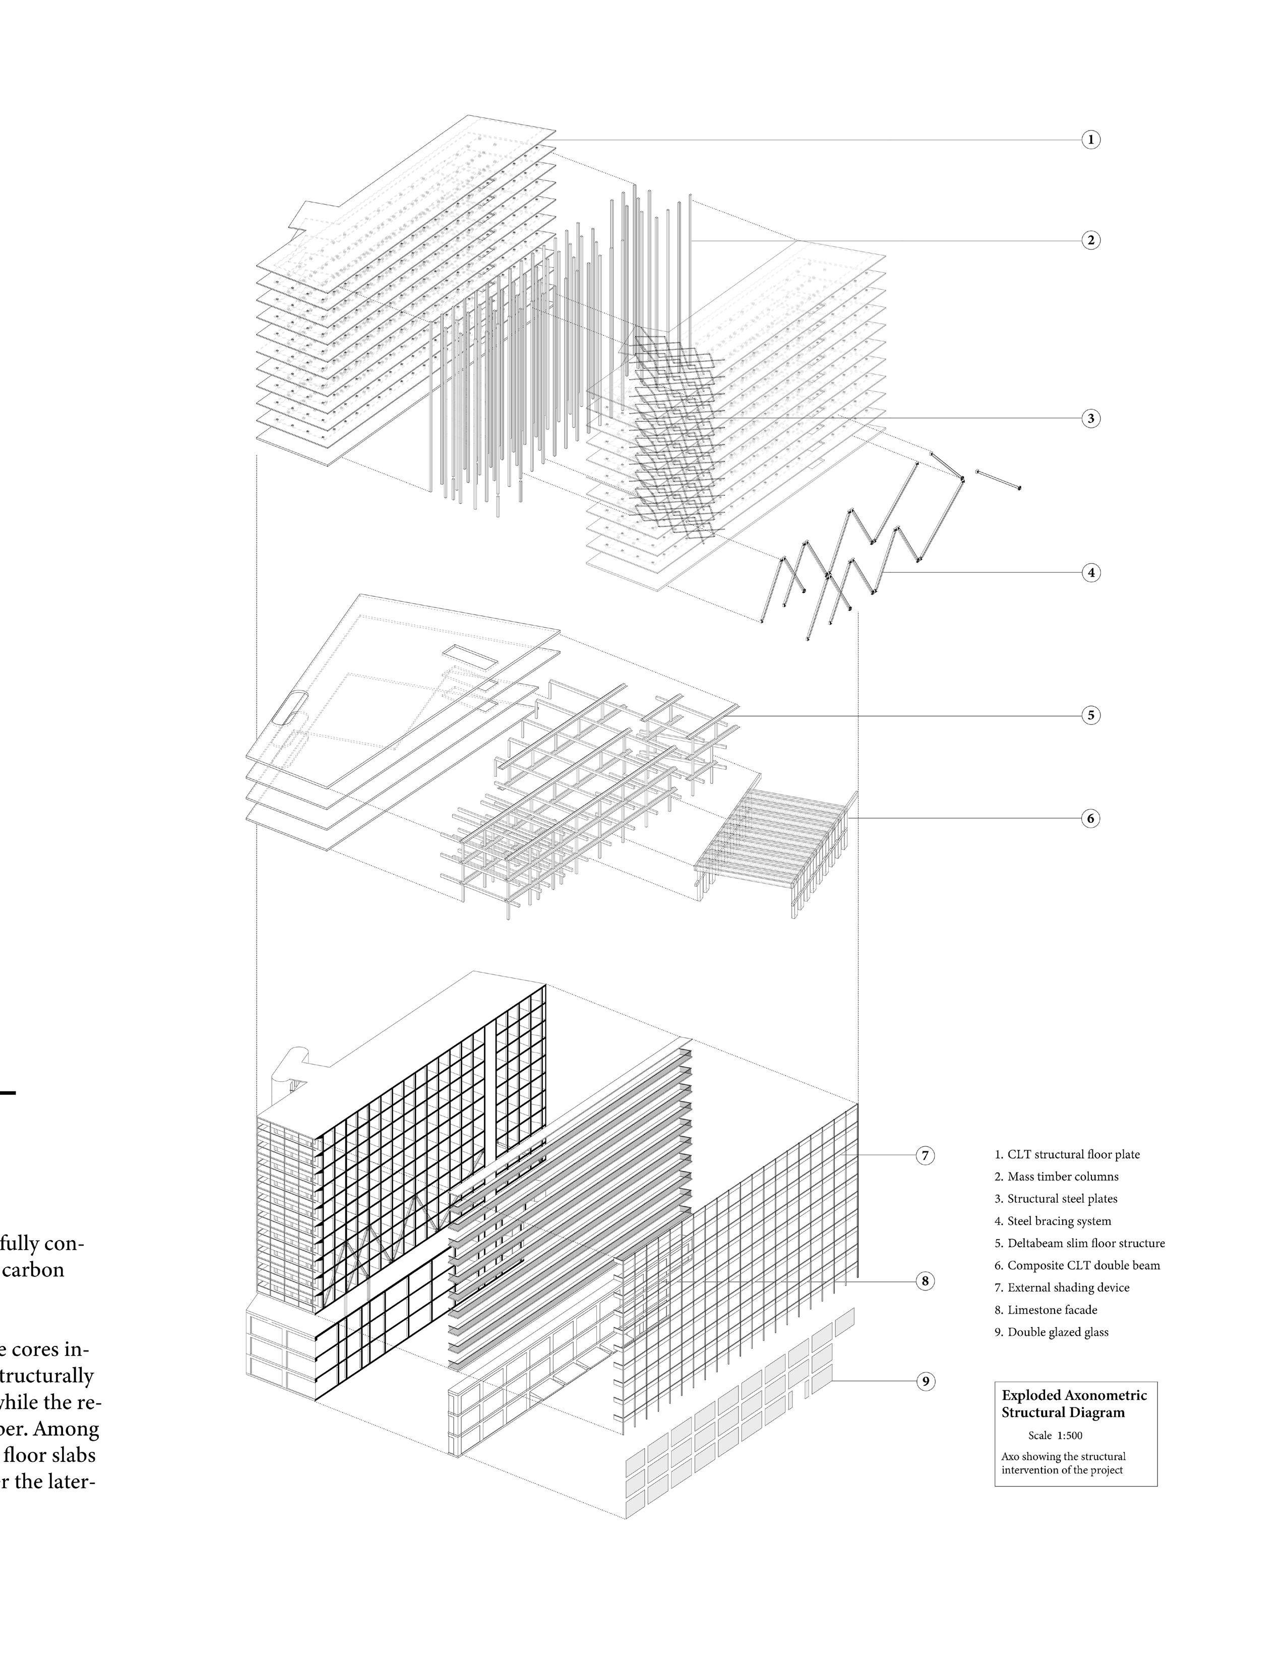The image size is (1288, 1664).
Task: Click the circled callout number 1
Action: [x=1090, y=140]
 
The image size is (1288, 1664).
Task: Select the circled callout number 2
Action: [x=1090, y=240]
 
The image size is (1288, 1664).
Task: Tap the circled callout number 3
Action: [x=1090, y=418]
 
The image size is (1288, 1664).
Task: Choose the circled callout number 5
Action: [x=1090, y=715]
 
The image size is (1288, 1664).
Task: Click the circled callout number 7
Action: [x=925, y=1156]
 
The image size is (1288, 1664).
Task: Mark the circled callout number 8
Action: [x=925, y=1281]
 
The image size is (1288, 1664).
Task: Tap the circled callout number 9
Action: [x=925, y=1381]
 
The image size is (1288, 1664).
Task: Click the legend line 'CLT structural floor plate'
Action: [x=1067, y=1154]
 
